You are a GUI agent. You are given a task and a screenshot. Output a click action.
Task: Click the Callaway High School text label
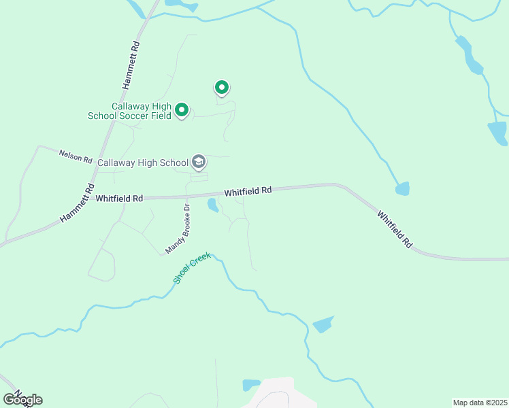[x=143, y=163]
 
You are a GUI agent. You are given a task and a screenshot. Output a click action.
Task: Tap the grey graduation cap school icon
[x=199, y=162]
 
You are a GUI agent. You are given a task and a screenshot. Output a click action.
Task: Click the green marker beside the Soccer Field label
[x=182, y=109]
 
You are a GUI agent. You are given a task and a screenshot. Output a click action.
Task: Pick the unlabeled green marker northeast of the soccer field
[x=221, y=87]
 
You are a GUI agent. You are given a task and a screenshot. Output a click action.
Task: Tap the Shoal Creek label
[x=193, y=268]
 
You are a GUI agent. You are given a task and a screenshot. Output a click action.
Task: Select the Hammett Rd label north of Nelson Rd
[x=131, y=65]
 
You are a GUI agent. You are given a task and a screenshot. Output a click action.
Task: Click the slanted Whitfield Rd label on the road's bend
[x=395, y=228]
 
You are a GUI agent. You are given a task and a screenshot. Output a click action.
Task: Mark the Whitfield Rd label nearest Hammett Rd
[x=119, y=199]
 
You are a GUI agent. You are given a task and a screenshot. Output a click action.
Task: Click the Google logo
[x=22, y=399]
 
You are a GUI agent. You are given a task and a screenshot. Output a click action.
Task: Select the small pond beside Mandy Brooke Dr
[x=213, y=205]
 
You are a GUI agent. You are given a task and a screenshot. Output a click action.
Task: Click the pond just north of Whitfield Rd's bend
[x=403, y=188]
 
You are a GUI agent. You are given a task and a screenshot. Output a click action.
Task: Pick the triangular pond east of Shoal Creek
[x=323, y=324]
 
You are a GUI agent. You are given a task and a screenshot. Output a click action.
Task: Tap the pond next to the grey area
[x=251, y=385]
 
